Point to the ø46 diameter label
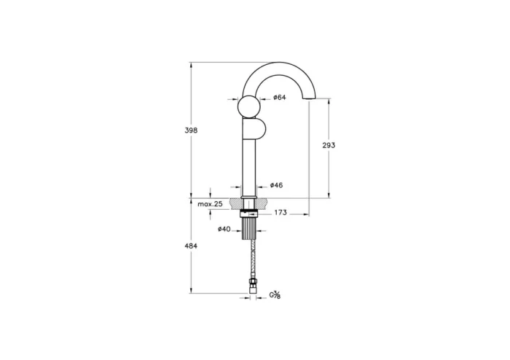coord(276,185)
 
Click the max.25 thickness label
coord(210,204)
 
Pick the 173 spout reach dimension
coord(280,213)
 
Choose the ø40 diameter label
coord(224,230)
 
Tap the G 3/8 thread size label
coord(275,294)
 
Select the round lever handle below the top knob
coord(256,132)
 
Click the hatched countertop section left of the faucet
coord(235,203)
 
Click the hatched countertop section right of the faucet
coord(264,203)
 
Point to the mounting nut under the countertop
coord(250,214)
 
